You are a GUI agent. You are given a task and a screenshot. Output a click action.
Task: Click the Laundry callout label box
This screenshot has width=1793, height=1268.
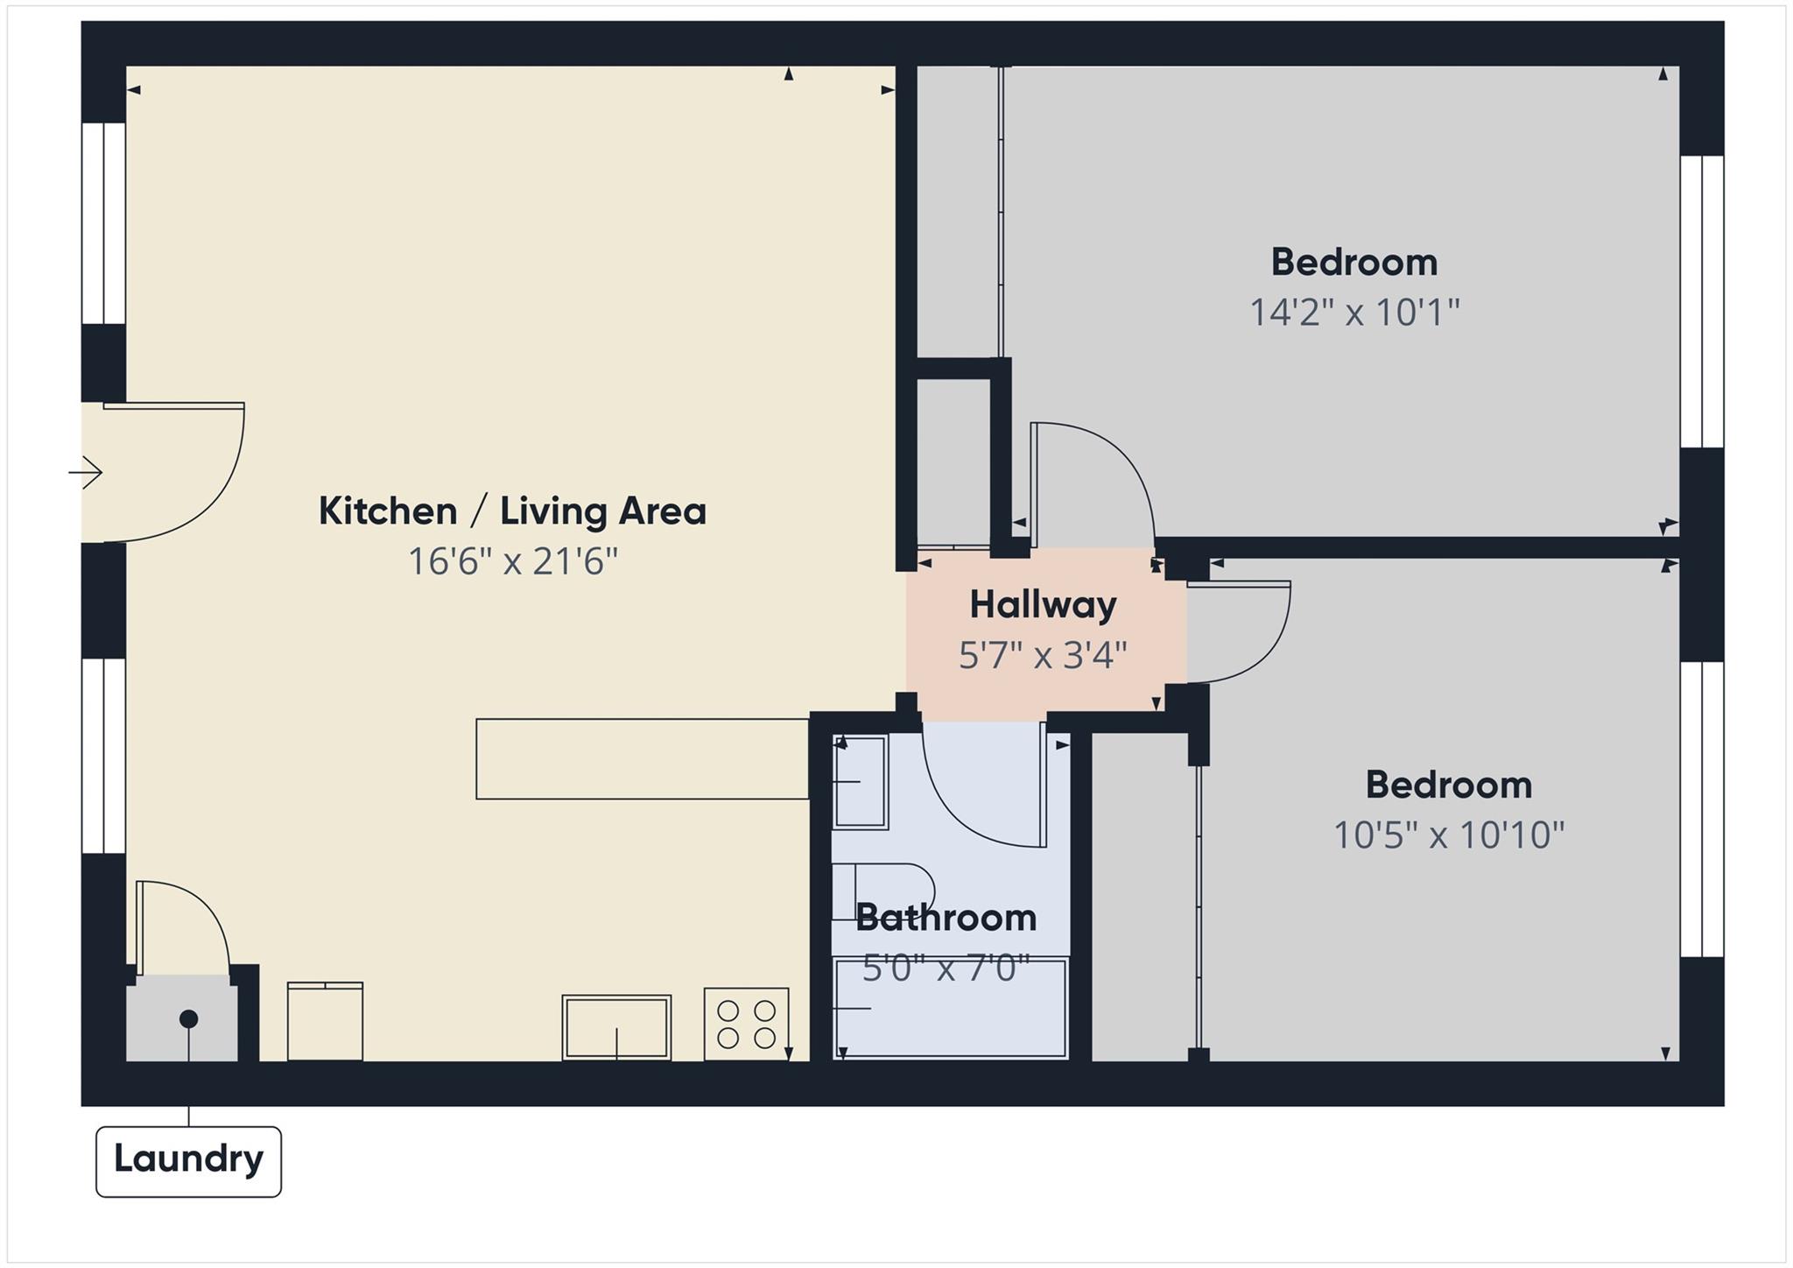(188, 1160)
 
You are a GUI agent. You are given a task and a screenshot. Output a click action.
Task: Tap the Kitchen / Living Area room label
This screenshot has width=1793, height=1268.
(512, 511)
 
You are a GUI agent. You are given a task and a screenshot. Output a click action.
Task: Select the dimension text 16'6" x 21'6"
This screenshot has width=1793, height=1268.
(513, 561)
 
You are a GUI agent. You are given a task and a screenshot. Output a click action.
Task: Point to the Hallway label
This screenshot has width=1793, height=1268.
(1043, 604)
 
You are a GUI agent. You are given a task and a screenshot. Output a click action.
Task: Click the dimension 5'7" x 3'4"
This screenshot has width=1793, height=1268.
(1043, 654)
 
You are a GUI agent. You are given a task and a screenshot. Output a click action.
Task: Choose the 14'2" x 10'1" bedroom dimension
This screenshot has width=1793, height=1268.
(1354, 312)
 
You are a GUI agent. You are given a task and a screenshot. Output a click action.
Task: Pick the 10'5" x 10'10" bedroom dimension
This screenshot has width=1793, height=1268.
(1448, 835)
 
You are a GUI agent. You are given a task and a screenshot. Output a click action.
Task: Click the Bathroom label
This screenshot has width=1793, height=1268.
(946, 918)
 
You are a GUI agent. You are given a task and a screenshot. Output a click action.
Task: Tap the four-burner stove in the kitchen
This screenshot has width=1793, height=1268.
(746, 1024)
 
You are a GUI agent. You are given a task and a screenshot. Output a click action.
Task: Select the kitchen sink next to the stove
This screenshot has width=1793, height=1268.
(616, 1027)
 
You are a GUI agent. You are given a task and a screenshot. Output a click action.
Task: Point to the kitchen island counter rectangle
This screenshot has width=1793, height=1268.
(642, 758)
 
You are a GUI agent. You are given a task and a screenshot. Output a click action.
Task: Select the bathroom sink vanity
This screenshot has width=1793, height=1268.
(860, 781)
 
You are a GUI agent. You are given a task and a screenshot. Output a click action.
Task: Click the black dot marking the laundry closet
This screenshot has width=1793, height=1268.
(188, 1018)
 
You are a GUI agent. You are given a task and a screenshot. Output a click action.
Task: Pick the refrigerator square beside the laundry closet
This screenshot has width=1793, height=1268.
(325, 1021)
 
